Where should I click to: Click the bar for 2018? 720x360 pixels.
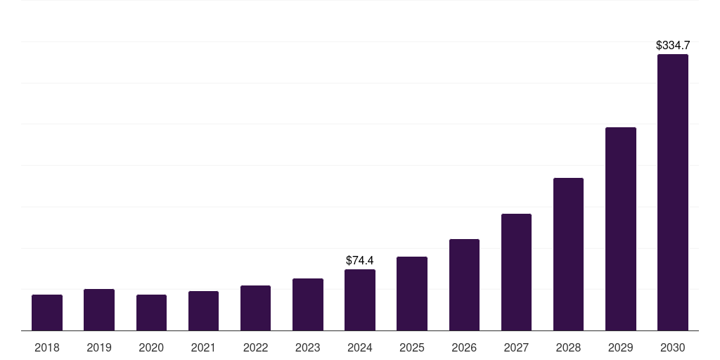pyautogui.click(x=47, y=313)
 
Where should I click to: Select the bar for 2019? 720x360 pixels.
pyautogui.click(x=99, y=310)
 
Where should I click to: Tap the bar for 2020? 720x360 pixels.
pyautogui.click(x=151, y=313)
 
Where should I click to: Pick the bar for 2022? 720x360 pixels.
pyautogui.click(x=255, y=308)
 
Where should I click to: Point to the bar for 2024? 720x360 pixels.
pyautogui.click(x=360, y=300)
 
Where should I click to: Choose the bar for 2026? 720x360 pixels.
pyautogui.click(x=464, y=285)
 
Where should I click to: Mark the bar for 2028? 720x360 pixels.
pyautogui.click(x=568, y=255)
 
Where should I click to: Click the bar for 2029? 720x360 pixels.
pyautogui.click(x=620, y=229)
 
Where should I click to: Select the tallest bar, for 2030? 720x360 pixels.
pyautogui.click(x=673, y=193)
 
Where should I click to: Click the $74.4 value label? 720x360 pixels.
pyautogui.click(x=360, y=261)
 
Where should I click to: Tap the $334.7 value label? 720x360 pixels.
pyautogui.click(x=673, y=45)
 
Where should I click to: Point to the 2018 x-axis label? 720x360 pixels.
pyautogui.click(x=47, y=347)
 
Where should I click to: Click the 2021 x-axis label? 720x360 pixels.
pyautogui.click(x=203, y=347)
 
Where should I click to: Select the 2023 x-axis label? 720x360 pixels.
pyautogui.click(x=308, y=347)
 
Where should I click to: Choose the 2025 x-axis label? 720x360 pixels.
pyautogui.click(x=412, y=347)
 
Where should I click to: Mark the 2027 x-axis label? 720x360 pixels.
pyautogui.click(x=516, y=347)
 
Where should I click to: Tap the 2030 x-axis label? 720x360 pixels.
pyautogui.click(x=673, y=347)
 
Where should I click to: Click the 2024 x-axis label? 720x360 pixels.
pyautogui.click(x=360, y=347)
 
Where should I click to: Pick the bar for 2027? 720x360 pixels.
pyautogui.click(x=516, y=272)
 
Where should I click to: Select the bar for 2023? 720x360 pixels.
pyautogui.click(x=308, y=304)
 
